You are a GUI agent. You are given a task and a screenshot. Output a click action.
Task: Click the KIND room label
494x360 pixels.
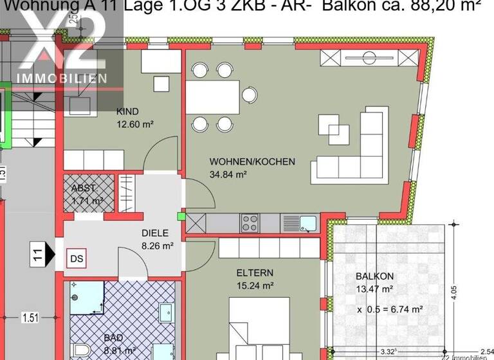[127, 111]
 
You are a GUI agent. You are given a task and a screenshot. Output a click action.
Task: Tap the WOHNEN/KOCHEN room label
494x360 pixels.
[252, 161]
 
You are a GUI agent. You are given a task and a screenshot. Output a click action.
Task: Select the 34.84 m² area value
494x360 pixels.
[229, 174]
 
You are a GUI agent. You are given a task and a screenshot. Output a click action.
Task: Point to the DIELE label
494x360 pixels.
[154, 233]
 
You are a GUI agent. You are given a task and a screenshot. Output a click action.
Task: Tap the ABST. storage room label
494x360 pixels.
[84, 188]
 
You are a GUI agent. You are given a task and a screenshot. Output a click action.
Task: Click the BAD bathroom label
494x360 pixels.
[113, 337]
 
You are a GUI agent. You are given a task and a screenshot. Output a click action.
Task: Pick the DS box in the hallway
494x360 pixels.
[76, 258]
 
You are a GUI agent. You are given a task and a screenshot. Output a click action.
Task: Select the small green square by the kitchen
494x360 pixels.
[181, 216]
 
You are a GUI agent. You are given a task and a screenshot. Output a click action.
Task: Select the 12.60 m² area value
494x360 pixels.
[134, 124]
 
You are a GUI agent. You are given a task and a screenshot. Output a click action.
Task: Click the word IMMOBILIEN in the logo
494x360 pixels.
[62, 78]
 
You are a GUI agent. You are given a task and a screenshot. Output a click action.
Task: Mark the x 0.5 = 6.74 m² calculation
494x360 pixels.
[389, 309]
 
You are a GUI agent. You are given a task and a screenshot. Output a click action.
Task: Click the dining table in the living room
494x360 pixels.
[214, 95]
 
